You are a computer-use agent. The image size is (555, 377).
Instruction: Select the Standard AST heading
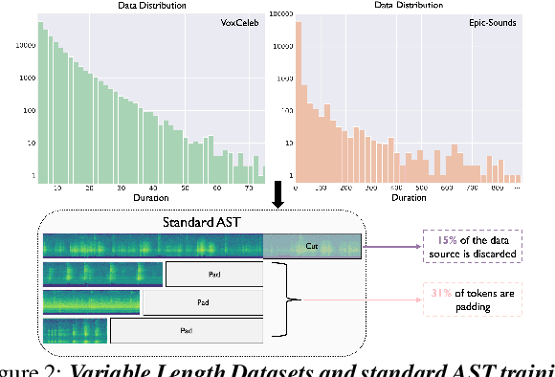(200, 223)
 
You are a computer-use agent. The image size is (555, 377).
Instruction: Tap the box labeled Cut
(311, 246)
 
